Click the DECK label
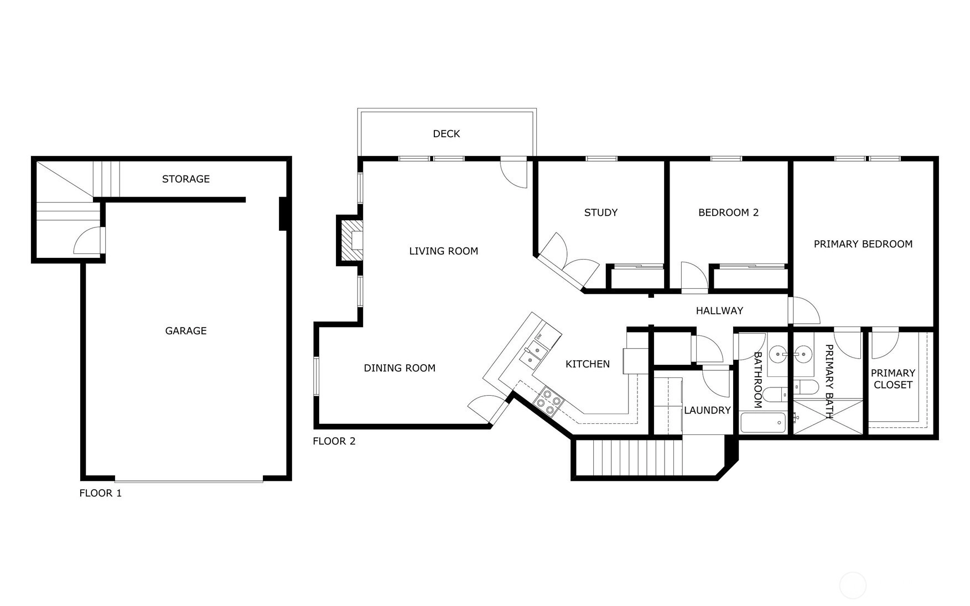pos(446,133)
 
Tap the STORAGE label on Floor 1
pos(186,179)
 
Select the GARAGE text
pos(186,330)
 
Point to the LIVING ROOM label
pos(443,251)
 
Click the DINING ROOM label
pos(400,368)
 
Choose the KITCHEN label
pos(588,364)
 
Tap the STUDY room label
pos(601,212)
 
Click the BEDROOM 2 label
pos(728,212)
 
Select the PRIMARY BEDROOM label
pos(863,244)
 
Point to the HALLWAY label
pos(719,310)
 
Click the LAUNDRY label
pos(707,410)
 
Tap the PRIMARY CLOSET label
pos(893,379)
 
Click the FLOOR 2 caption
pos(334,441)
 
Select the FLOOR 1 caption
pos(100,493)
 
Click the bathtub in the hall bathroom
pos(764,423)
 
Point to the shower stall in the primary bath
pos(828,416)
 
